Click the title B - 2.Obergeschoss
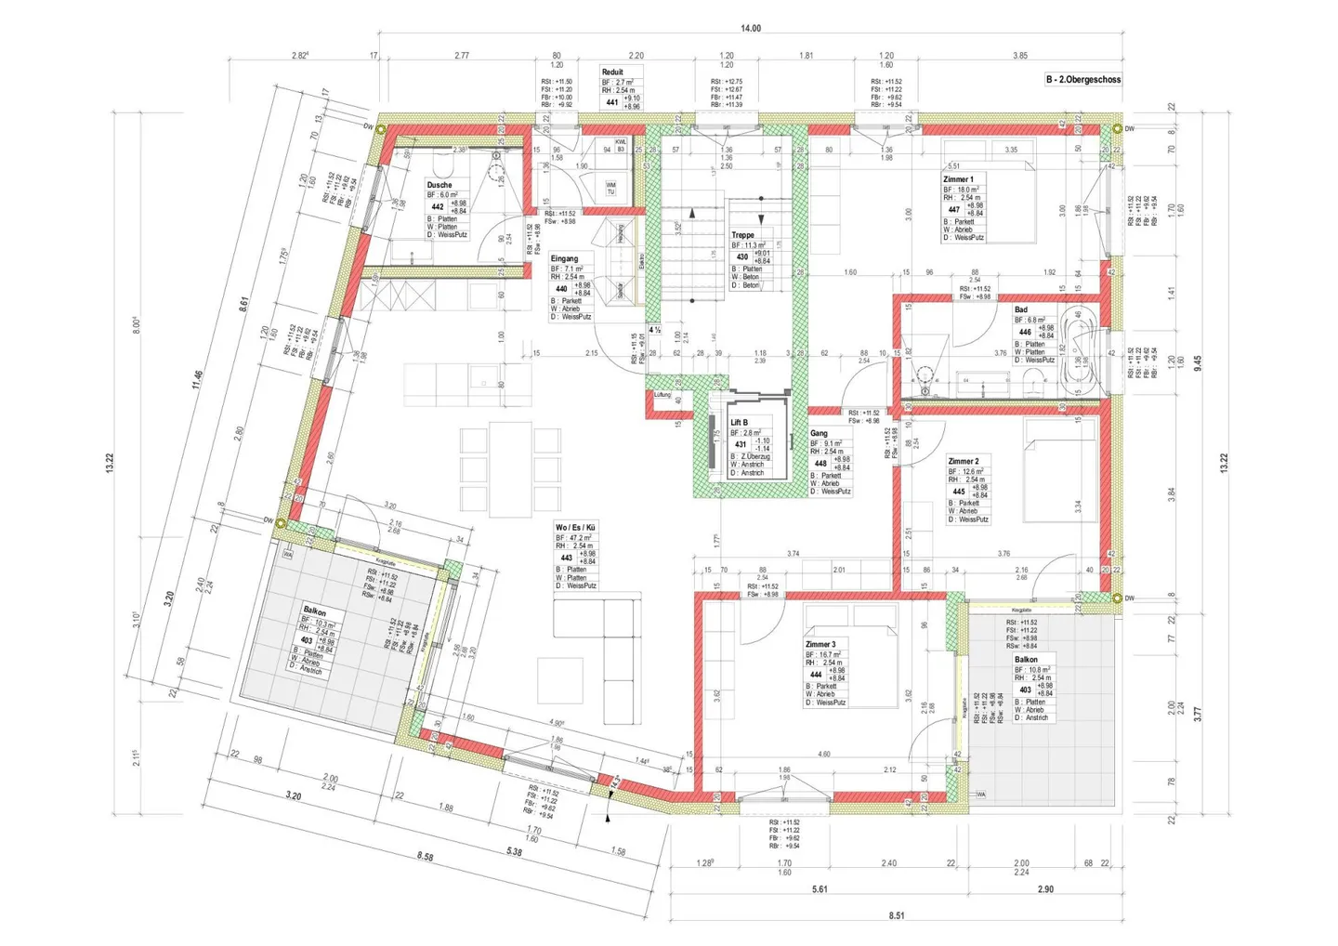(x=1083, y=80)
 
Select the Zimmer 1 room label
(x=958, y=179)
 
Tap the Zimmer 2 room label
(x=963, y=461)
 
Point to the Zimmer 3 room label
(x=820, y=644)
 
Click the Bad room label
(x=1021, y=309)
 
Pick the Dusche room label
(x=439, y=185)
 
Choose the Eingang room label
(x=564, y=258)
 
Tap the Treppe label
(x=742, y=235)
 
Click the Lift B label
(x=739, y=423)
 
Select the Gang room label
(x=819, y=433)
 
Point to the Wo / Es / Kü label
(x=575, y=527)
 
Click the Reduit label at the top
(x=612, y=72)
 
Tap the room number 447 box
(x=954, y=210)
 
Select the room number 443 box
(x=566, y=558)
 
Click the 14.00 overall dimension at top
(x=750, y=28)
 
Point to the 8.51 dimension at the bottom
(x=896, y=915)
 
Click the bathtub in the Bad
(x=1084, y=340)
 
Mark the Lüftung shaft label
(x=662, y=395)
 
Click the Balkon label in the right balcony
(x=1026, y=659)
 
